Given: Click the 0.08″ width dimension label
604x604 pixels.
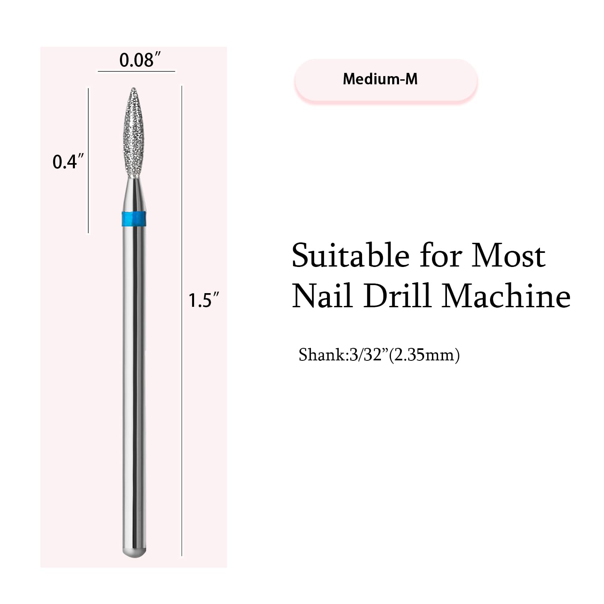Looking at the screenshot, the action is click(137, 60).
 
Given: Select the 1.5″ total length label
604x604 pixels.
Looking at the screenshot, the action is click(204, 300).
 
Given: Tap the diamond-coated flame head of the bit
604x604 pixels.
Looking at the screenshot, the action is click(134, 133).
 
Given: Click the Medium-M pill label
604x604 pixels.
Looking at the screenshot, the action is click(385, 79).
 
